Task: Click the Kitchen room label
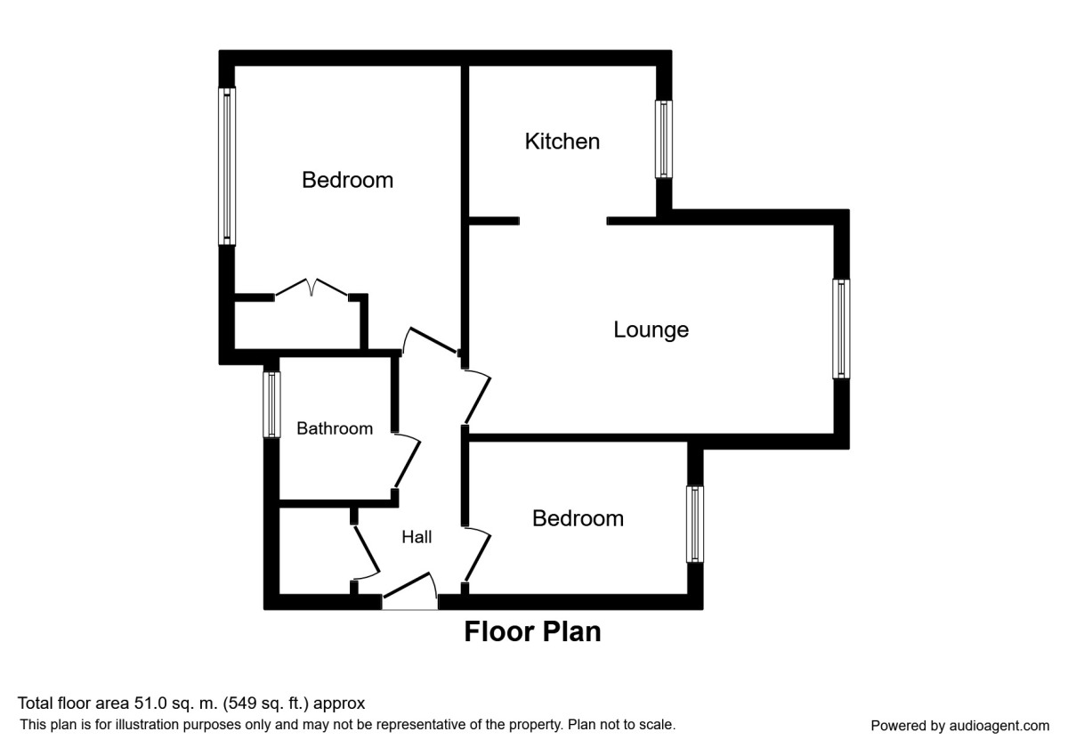[562, 141]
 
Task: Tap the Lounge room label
[651, 329]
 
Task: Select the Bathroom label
[335, 428]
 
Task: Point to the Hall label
[417, 537]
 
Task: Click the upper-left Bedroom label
[347, 180]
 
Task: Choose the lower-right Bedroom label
[578, 518]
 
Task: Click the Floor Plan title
[532, 632]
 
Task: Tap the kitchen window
[664, 138]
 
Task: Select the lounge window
[841, 329]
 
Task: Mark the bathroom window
[271, 404]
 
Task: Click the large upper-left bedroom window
[228, 166]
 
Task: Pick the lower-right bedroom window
[694, 524]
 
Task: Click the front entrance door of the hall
[410, 591]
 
